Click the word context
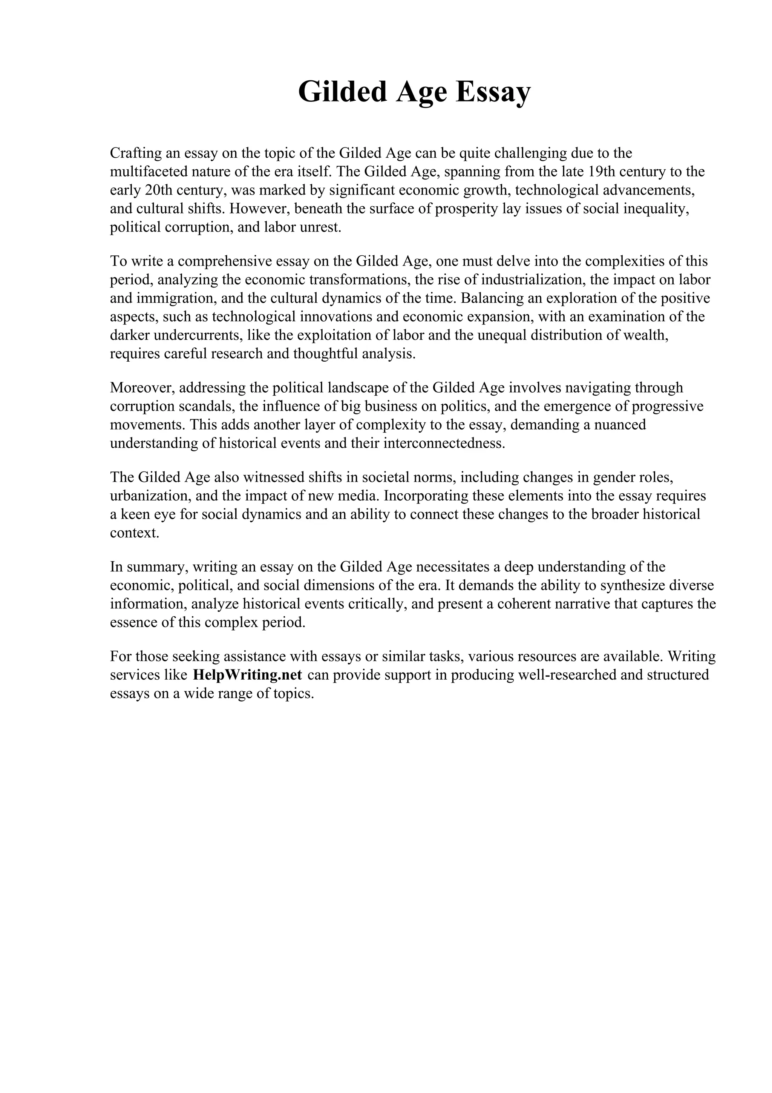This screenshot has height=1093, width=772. (135, 533)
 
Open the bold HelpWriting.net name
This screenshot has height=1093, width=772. (247, 675)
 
